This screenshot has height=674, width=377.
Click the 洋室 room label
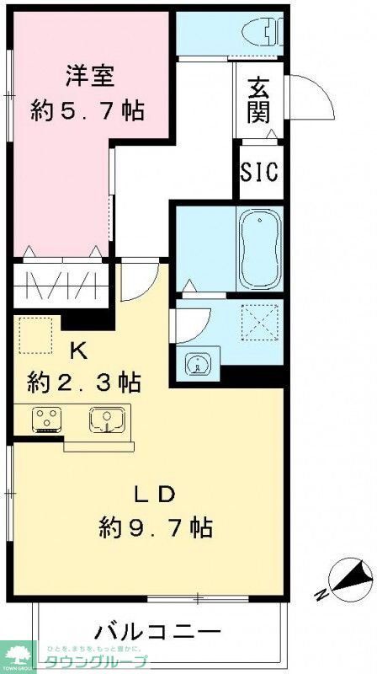pyautogui.click(x=90, y=74)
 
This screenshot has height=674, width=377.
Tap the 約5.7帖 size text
pyautogui.click(x=90, y=110)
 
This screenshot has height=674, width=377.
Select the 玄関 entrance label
pyautogui.click(x=258, y=100)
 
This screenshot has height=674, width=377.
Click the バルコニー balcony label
pyautogui.click(x=157, y=631)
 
